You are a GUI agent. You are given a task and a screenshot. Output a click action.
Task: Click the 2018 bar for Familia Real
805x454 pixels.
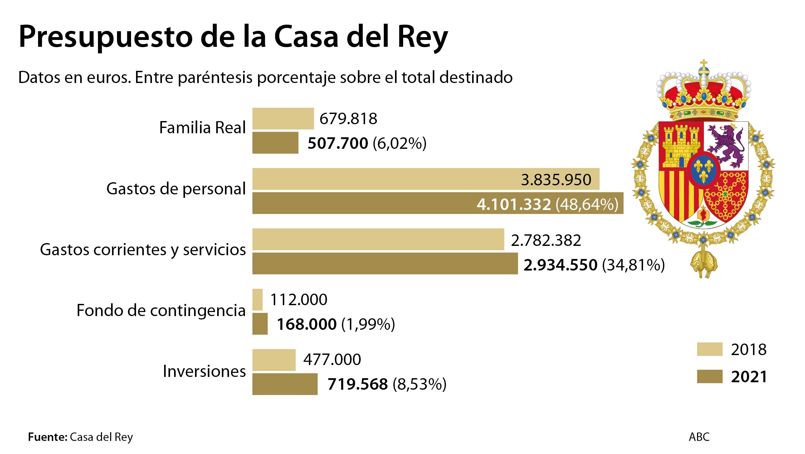[x=283, y=119]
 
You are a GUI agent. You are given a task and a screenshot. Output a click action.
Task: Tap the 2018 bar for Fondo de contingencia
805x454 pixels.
[x=257, y=300]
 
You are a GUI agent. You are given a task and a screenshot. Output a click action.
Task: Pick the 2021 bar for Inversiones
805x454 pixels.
[x=285, y=384]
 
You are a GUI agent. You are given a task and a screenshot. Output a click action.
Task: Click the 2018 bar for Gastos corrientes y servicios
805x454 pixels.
[x=378, y=239]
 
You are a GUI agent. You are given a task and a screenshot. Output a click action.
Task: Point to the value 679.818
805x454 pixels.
[x=348, y=119]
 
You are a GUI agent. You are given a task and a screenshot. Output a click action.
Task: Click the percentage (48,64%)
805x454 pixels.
[x=587, y=204]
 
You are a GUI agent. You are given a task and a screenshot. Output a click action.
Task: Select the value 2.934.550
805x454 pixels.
[x=560, y=265]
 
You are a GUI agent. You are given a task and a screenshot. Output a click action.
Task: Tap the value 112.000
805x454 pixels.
[x=298, y=300]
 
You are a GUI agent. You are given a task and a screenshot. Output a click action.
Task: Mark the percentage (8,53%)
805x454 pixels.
[x=419, y=384]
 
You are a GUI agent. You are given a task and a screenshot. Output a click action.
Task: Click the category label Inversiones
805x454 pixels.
[x=204, y=371]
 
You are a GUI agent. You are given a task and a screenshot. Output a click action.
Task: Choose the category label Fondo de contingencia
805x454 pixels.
[x=161, y=310]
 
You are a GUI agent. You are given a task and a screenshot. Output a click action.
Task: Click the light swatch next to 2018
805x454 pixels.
[x=710, y=349]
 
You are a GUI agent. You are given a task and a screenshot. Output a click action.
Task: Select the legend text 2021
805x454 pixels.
[x=749, y=377]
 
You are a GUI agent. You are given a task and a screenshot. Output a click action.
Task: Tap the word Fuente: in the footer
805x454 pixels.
[x=47, y=437]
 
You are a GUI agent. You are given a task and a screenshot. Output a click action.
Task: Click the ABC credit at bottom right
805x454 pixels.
[x=699, y=437]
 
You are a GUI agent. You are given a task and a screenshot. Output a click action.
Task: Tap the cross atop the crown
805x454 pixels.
[x=703, y=65]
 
